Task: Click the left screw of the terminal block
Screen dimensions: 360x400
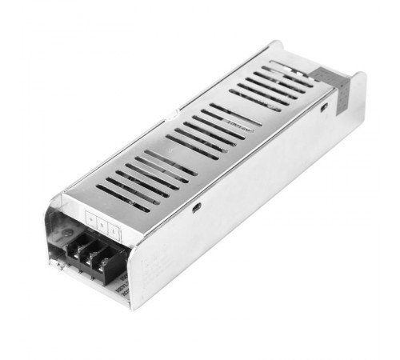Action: pos(79,248)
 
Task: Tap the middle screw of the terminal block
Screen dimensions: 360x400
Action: pos(92,254)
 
